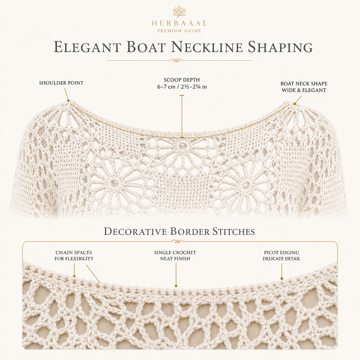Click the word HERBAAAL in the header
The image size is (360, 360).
coord(179,23)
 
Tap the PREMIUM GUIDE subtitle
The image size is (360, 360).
coord(179,31)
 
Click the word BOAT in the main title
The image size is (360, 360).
coord(146,47)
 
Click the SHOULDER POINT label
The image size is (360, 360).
coord(61,83)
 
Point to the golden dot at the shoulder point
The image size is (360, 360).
coord(68,100)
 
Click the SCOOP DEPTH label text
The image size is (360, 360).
coord(182,80)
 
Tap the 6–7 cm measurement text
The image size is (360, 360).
coord(182,87)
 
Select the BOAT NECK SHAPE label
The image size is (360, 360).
coord(304,84)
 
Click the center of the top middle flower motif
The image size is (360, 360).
coord(183,145)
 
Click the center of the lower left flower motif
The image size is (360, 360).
coord(114,183)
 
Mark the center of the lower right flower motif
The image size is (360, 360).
coord(245,184)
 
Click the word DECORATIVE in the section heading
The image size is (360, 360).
coord(135,231)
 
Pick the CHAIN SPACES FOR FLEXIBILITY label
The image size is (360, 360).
coord(74,256)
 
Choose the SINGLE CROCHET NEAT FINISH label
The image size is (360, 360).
coord(175,256)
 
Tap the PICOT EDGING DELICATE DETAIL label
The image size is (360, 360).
coord(282,256)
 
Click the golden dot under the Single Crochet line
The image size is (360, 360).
coord(176,286)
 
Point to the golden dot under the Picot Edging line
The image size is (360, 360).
coord(282,278)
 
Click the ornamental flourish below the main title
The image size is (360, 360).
coord(176,60)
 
